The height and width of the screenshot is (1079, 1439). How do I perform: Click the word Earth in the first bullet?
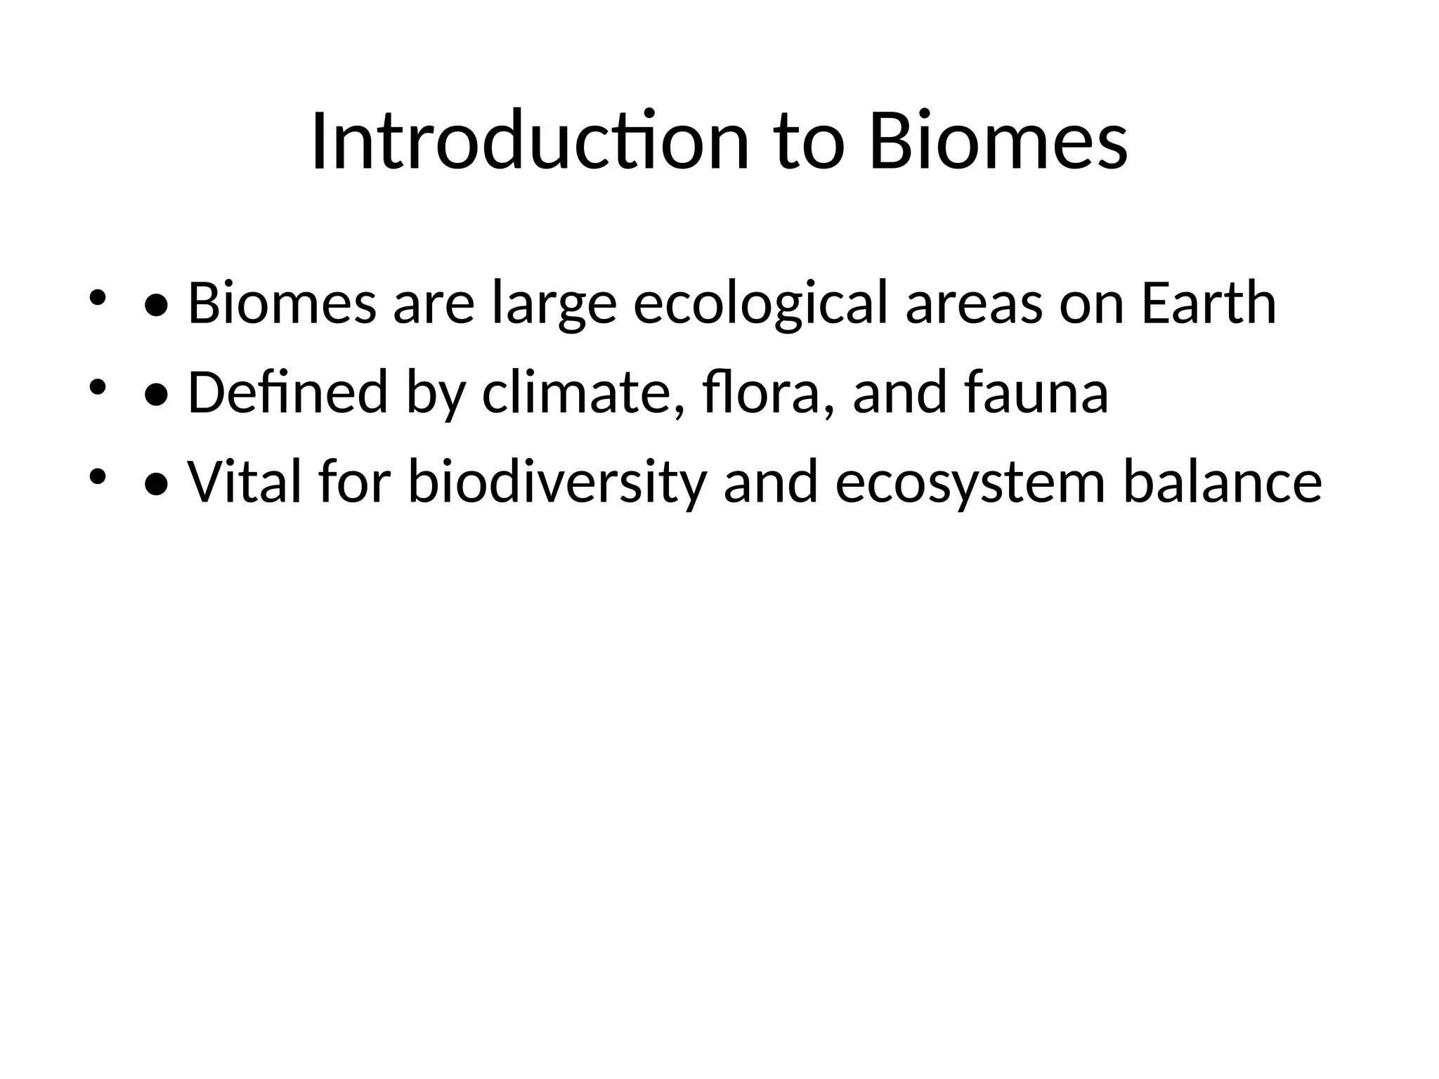pos(1209,303)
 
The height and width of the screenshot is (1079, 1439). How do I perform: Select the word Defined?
pos(288,393)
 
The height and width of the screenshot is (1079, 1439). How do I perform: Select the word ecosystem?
pos(970,483)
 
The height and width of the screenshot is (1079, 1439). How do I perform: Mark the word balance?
pos(1223,483)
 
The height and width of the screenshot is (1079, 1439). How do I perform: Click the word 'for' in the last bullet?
pos(354,483)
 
